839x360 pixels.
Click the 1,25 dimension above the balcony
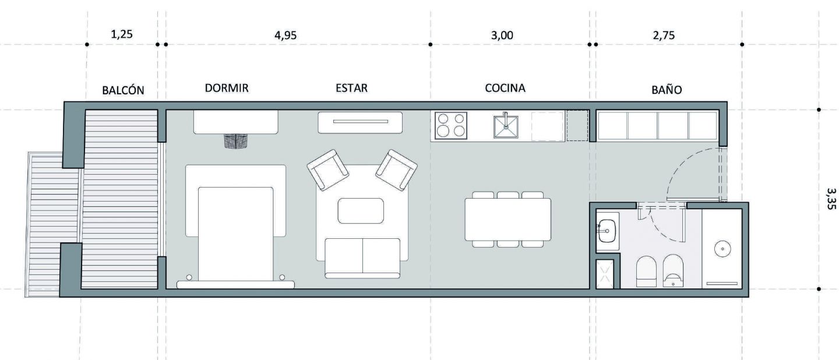point(122,34)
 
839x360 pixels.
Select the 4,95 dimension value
point(285,35)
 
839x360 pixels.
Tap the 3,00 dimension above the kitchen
point(502,35)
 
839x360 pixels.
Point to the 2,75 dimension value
point(664,35)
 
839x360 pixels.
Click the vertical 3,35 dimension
point(831,199)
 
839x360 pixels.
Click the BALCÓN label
point(124,90)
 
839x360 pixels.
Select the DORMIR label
point(227,88)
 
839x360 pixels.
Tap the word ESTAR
point(351,88)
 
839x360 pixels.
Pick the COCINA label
point(505,88)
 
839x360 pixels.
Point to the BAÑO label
point(667,90)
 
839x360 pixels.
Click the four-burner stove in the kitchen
point(451,125)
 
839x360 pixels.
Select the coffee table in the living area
point(361,211)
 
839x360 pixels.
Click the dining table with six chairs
point(508,219)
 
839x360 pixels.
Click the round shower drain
point(722,249)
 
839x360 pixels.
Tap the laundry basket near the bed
point(236,141)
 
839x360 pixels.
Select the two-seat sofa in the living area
point(362,258)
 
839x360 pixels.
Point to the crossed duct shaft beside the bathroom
point(605,274)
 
